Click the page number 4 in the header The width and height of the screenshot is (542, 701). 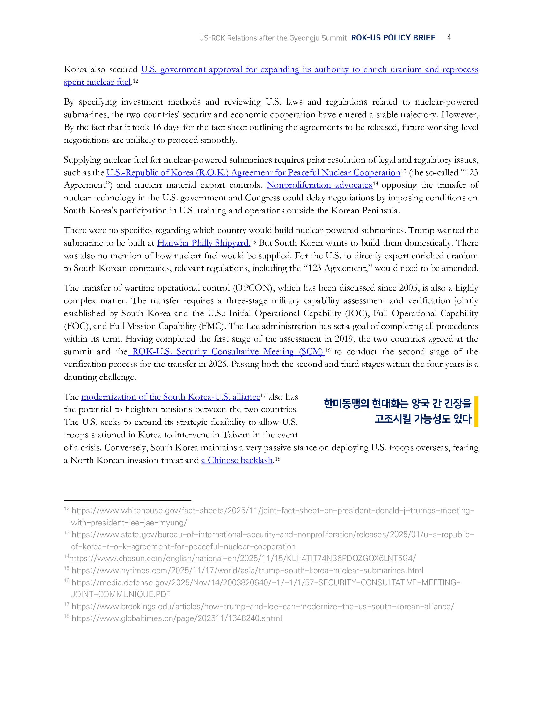449,37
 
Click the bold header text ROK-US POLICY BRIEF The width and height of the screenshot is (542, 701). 393,38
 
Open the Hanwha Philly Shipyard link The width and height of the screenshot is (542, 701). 203,243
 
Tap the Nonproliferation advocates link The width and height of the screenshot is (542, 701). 319,185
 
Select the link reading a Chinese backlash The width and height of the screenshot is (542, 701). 237,460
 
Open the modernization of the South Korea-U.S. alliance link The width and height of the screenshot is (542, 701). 171,397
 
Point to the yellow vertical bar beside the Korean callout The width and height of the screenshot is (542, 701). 476,411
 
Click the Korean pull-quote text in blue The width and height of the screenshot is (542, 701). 397,411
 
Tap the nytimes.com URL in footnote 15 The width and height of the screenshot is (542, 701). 247,571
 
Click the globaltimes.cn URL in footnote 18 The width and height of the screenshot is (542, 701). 177,618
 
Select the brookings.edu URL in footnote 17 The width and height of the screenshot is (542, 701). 263,607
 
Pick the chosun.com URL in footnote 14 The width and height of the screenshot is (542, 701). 242,559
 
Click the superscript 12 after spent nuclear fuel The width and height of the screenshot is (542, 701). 135,81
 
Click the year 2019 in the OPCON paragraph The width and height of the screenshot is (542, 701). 344,339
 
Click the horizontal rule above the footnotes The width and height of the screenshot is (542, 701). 128,500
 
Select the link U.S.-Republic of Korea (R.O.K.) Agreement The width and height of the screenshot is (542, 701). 253,173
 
